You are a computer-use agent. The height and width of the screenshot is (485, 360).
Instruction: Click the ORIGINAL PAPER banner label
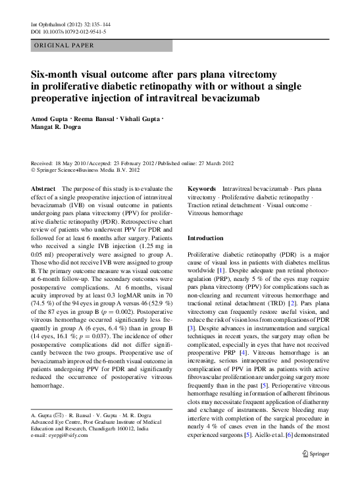click(x=63, y=45)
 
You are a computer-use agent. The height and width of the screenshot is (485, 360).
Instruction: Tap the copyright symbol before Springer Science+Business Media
click(x=34, y=169)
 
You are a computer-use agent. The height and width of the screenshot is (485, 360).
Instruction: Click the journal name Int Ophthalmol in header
click(x=46, y=24)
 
